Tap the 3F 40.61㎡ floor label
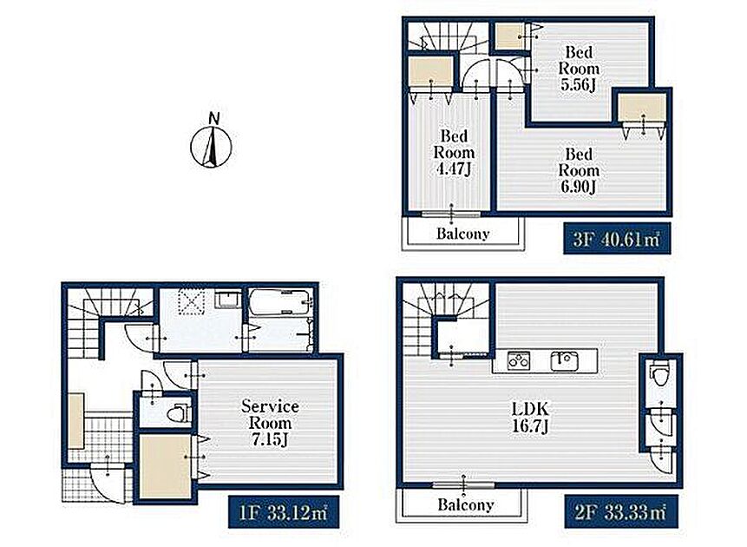point(617,238)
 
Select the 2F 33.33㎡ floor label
point(619,511)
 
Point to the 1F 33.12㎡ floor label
point(284,511)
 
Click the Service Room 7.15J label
point(270,423)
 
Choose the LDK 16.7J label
point(530,417)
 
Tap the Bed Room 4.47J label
point(454,152)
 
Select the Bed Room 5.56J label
point(579,69)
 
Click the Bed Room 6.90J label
point(579,170)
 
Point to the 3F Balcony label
point(463,234)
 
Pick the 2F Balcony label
point(465,504)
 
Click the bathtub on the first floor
point(280,302)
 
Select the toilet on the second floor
point(661,373)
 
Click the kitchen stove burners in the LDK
point(518,361)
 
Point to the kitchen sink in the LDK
point(565,361)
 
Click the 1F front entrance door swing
point(109,484)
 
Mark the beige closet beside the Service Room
point(166,466)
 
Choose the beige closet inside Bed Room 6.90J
point(642,107)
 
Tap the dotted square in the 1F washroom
point(192,302)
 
